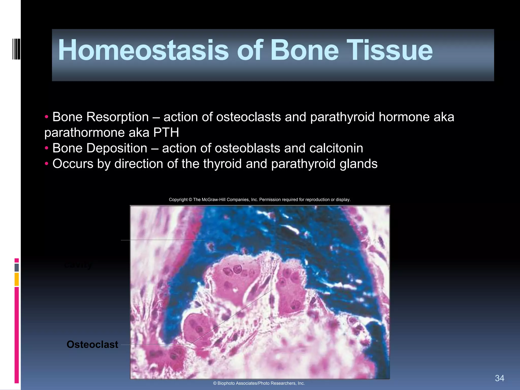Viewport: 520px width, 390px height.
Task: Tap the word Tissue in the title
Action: point(389,50)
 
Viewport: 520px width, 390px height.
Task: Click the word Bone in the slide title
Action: point(304,50)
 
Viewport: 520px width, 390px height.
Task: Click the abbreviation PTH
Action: point(166,133)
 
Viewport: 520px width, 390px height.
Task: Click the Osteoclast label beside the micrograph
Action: point(92,345)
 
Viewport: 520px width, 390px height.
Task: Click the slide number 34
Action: point(499,378)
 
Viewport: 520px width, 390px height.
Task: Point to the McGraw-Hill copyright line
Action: point(259,200)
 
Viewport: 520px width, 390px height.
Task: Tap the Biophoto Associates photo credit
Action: point(259,383)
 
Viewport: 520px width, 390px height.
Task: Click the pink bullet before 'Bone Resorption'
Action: point(46,117)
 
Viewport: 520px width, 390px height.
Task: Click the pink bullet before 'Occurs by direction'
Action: point(46,164)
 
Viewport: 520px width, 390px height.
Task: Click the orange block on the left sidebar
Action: point(17,279)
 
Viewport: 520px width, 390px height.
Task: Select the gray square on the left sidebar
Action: point(17,267)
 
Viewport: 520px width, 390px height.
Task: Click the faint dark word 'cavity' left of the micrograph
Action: point(78,265)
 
